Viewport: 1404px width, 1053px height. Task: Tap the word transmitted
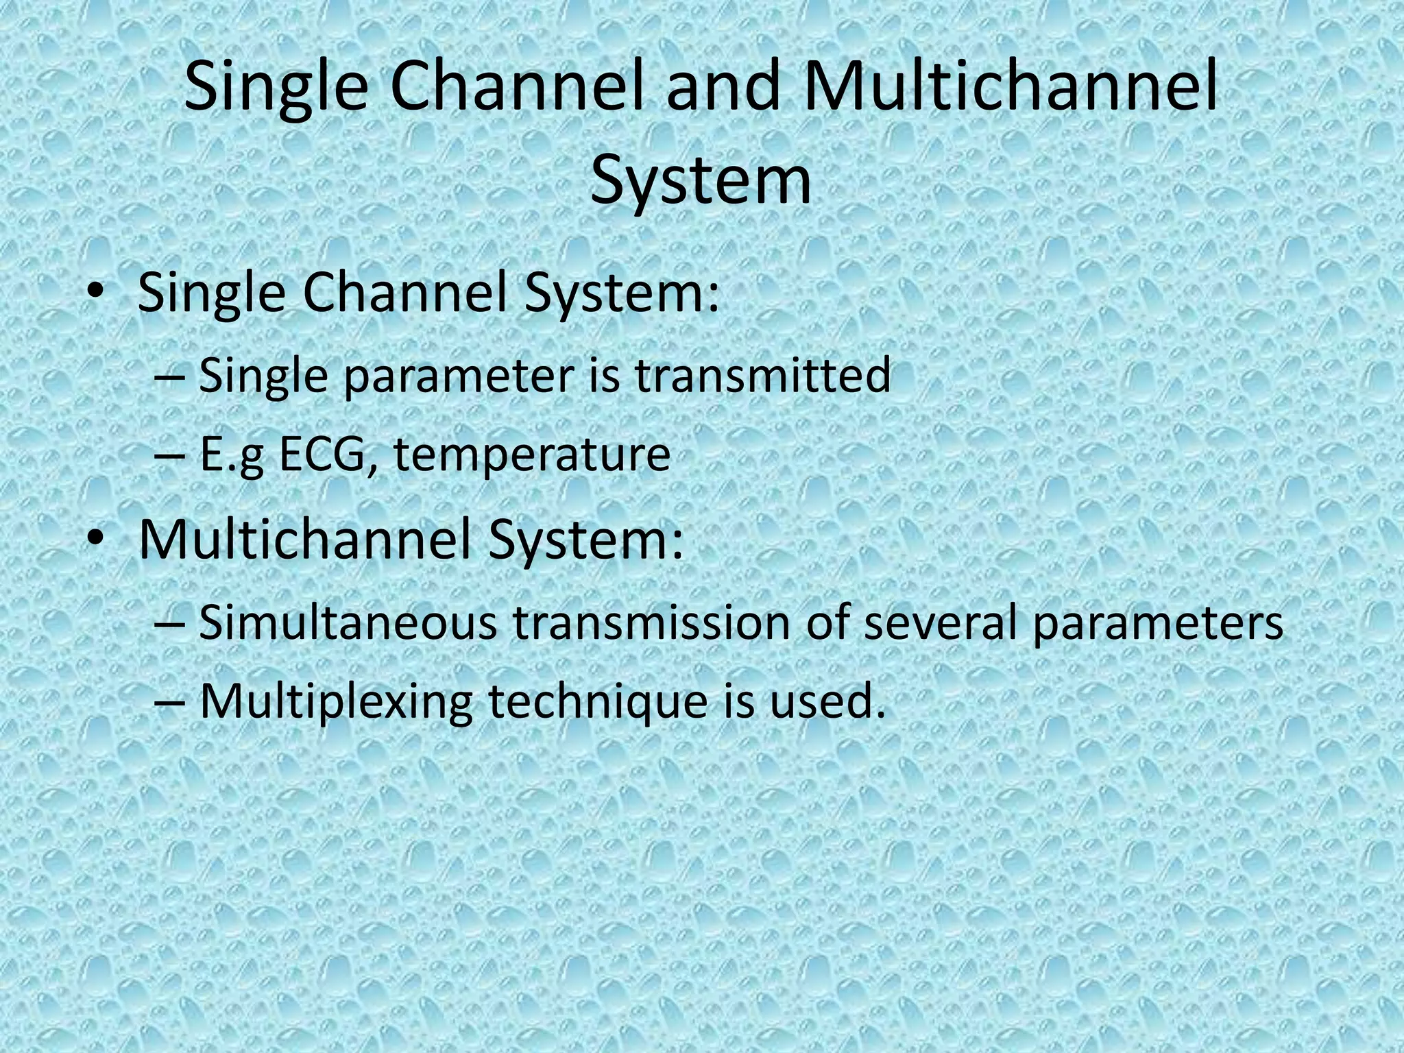click(762, 376)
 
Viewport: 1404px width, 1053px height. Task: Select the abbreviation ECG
click(329, 454)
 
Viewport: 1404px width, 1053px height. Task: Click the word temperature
click(532, 455)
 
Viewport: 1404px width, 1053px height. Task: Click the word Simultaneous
click(348, 622)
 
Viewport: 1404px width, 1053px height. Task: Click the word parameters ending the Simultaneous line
click(1157, 624)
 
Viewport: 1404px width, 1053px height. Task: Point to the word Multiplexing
click(336, 702)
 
